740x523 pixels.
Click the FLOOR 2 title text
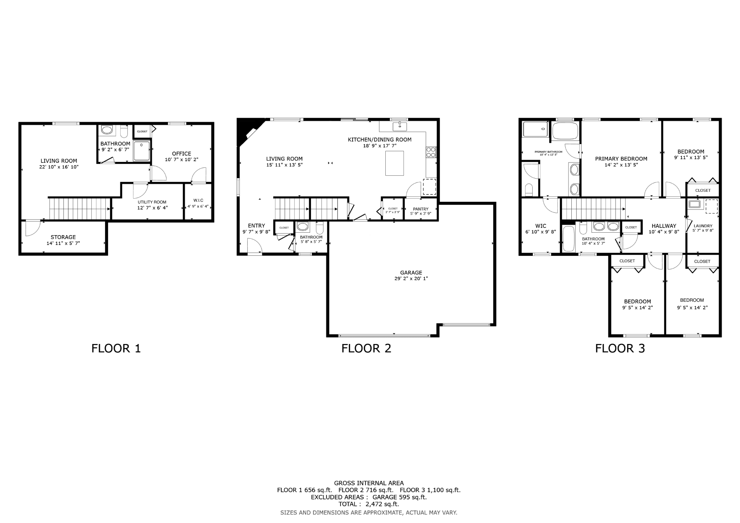click(x=366, y=348)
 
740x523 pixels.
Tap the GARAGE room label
click(x=411, y=273)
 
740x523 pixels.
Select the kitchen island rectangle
click(x=394, y=163)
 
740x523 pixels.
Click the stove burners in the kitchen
click(x=431, y=152)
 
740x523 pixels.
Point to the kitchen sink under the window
click(x=400, y=127)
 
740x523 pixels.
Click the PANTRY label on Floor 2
click(x=421, y=209)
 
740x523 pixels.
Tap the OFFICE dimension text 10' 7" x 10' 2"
click(x=181, y=159)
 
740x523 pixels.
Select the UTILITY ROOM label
click(x=152, y=202)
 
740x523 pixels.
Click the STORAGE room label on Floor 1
click(x=63, y=237)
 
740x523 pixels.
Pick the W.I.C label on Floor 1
click(x=198, y=200)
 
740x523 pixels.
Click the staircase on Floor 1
click(x=80, y=209)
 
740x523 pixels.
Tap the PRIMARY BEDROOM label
click(x=621, y=159)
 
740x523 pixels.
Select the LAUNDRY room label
click(x=703, y=226)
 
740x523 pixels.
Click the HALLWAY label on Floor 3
click(x=664, y=226)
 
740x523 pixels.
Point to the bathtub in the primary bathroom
click(x=565, y=131)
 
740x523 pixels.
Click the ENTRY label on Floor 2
click(x=257, y=226)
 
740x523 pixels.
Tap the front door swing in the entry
click(x=254, y=246)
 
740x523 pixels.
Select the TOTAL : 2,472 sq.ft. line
click(x=369, y=504)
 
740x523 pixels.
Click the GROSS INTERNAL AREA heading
click(x=369, y=483)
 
